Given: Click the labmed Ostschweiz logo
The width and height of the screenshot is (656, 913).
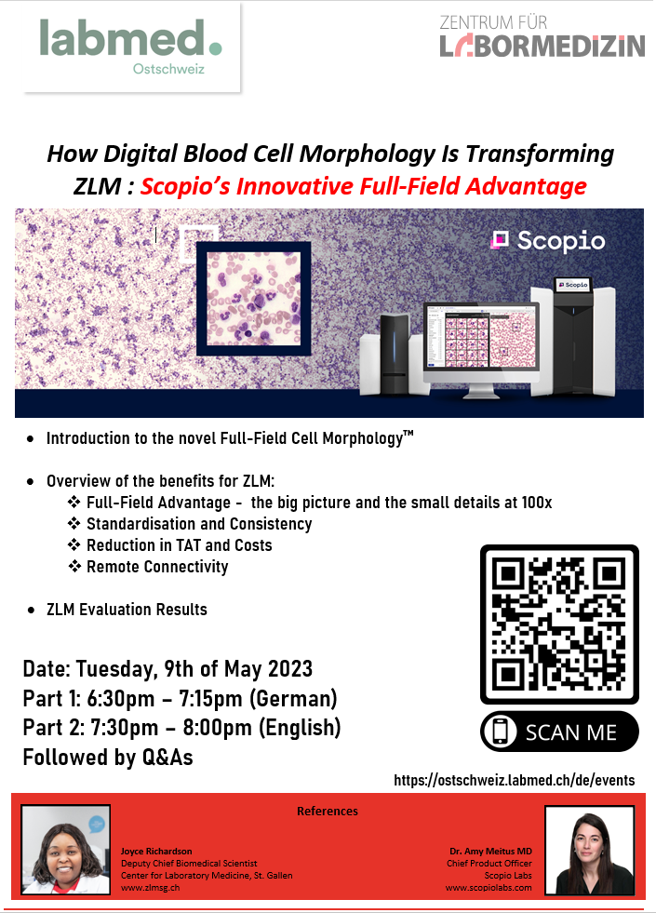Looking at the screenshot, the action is [x=131, y=47].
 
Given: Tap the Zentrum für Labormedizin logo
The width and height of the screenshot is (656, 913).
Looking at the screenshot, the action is [x=542, y=36].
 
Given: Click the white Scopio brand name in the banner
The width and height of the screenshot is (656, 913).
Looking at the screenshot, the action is [x=560, y=241].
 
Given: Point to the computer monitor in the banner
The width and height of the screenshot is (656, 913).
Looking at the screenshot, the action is [x=481, y=349].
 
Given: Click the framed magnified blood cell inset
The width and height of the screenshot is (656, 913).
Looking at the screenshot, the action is [x=253, y=298].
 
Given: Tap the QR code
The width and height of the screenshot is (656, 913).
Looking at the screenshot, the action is [x=559, y=624].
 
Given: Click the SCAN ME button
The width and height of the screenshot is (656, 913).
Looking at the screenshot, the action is [x=559, y=732].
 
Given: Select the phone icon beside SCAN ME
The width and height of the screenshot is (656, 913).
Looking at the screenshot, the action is [x=500, y=732].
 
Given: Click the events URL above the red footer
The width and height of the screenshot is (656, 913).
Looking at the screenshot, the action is [x=514, y=780].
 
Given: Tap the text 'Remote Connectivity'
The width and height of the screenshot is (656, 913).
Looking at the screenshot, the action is [x=157, y=567].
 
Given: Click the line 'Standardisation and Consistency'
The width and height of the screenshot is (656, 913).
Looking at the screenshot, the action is [x=199, y=523].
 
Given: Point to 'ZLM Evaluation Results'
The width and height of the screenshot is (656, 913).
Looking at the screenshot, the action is [x=127, y=610].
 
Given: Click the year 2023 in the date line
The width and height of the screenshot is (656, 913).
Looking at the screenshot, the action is [x=290, y=669].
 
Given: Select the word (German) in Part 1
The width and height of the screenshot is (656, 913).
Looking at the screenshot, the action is [x=293, y=698].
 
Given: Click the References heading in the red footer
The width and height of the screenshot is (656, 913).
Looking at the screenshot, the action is [x=328, y=812].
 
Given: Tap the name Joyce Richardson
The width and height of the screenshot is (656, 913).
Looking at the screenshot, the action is [x=156, y=852].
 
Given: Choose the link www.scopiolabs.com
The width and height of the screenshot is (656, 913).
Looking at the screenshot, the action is [x=489, y=887].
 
